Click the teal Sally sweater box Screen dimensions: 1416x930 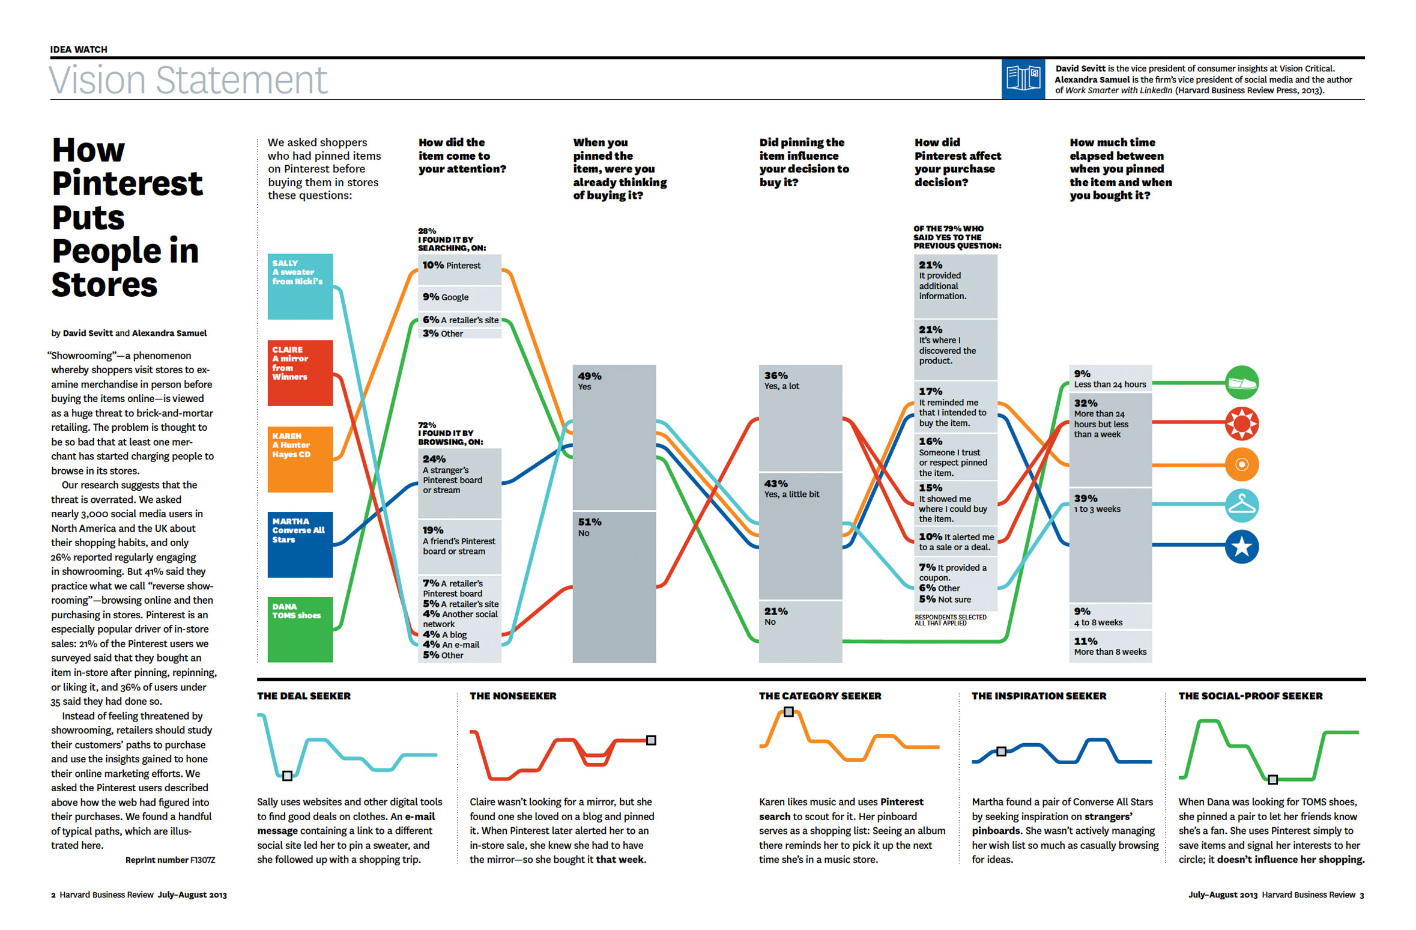pos(300,287)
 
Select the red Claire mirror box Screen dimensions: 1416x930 pos(300,373)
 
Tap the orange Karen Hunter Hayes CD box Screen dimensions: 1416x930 pos(300,460)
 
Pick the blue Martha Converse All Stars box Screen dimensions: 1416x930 pos(300,545)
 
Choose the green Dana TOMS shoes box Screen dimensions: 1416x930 pos(300,630)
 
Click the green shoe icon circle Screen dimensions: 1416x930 pos(1241,383)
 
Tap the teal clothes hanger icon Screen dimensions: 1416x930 pos(1241,505)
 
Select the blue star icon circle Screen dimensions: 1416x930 pos(1241,547)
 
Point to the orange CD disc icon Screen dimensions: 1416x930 pos(1241,464)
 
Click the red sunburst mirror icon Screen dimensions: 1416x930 pos(1241,424)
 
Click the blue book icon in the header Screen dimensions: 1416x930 pos(1023,79)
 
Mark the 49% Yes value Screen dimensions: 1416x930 pos(589,381)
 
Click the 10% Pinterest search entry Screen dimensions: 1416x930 pos(452,266)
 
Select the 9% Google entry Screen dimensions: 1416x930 pos(446,297)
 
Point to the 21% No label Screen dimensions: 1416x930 pos(775,616)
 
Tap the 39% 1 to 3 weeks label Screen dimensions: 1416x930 pos(1097,503)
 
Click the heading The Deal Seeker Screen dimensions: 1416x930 pos(304,696)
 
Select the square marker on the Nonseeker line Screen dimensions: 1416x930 pos(651,740)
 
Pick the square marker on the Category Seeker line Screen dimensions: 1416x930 pos(788,712)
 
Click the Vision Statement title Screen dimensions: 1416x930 pos(188,80)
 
